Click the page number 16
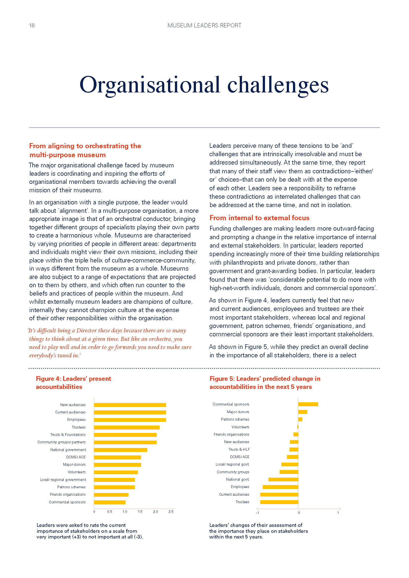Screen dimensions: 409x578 (32, 25)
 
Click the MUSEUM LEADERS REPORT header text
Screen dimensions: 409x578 (204, 25)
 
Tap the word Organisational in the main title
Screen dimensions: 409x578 (150, 85)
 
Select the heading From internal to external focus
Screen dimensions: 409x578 (259, 218)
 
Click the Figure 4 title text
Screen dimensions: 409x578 (73, 383)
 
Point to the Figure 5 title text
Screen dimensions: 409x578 (265, 383)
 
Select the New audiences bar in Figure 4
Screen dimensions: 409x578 (130, 405)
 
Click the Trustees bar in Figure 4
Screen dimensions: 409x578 (127, 427)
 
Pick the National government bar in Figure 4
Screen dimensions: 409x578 (120, 450)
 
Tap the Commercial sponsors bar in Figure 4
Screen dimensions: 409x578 (110, 502)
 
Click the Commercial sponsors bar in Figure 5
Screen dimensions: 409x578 (308, 404)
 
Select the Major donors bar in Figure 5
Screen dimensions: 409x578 (303, 412)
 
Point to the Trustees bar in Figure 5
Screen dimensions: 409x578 (279, 502)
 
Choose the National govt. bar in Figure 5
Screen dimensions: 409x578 (283, 479)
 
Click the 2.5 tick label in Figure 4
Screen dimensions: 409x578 (171, 512)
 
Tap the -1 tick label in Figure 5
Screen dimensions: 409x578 (257, 513)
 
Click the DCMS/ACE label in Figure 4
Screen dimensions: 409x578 (76, 457)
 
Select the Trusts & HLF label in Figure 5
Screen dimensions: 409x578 (239, 449)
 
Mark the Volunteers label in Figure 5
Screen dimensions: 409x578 (241, 427)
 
